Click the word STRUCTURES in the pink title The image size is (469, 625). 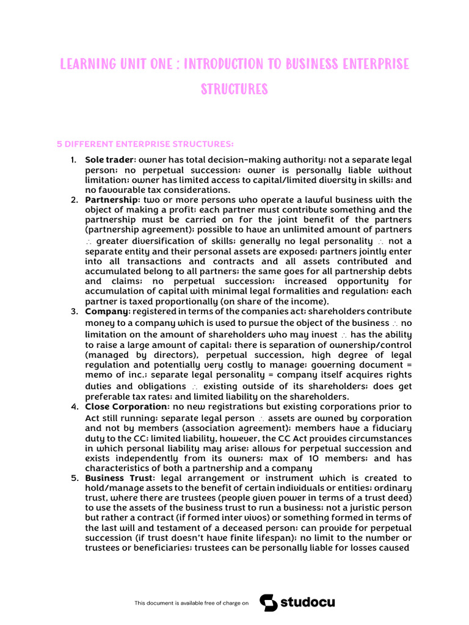234,89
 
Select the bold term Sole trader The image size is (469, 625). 109,160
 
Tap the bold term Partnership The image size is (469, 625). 112,200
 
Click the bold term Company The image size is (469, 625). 106,311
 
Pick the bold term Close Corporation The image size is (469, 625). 126,406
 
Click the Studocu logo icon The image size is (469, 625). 268,602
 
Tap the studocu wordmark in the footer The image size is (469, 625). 308,602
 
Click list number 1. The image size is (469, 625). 73,160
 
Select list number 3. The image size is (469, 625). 73,311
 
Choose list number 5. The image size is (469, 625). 73,478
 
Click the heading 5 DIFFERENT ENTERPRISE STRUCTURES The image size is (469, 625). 145,144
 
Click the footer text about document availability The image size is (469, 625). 192,603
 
